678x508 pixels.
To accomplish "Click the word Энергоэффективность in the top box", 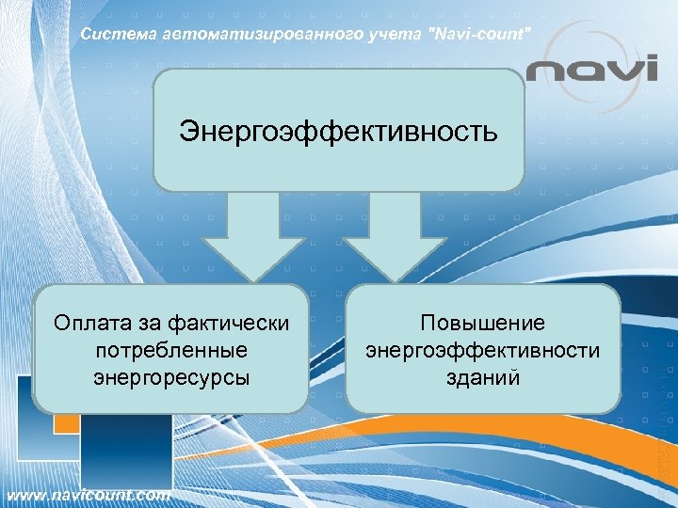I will point(338,130).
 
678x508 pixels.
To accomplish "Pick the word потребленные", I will point(171,350).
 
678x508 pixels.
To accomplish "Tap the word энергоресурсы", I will point(171,377).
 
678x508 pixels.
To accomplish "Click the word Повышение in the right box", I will point(483,323).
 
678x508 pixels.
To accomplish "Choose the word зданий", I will point(483,377).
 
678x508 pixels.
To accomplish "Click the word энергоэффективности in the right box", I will point(483,350).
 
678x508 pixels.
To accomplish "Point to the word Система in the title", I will point(111,35).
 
